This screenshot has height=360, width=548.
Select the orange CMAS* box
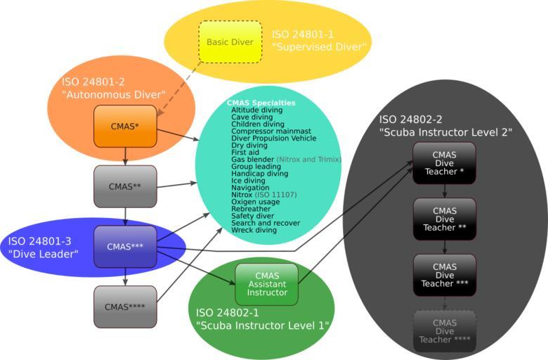(125, 127)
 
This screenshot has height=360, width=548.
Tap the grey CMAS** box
(125, 186)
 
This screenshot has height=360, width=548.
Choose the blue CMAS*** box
(125, 247)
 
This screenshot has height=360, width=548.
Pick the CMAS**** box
(125, 307)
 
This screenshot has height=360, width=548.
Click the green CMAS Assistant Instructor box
(267, 285)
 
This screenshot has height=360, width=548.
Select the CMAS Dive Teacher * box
(444, 164)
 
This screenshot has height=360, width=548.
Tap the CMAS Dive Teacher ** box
(444, 219)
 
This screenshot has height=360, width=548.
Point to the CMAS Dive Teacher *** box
(444, 275)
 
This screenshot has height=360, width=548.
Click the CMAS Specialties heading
(261, 103)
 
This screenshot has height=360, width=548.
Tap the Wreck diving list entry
(254, 230)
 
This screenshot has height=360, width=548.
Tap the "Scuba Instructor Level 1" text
(263, 325)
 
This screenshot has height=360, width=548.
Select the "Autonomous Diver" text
(113, 94)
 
